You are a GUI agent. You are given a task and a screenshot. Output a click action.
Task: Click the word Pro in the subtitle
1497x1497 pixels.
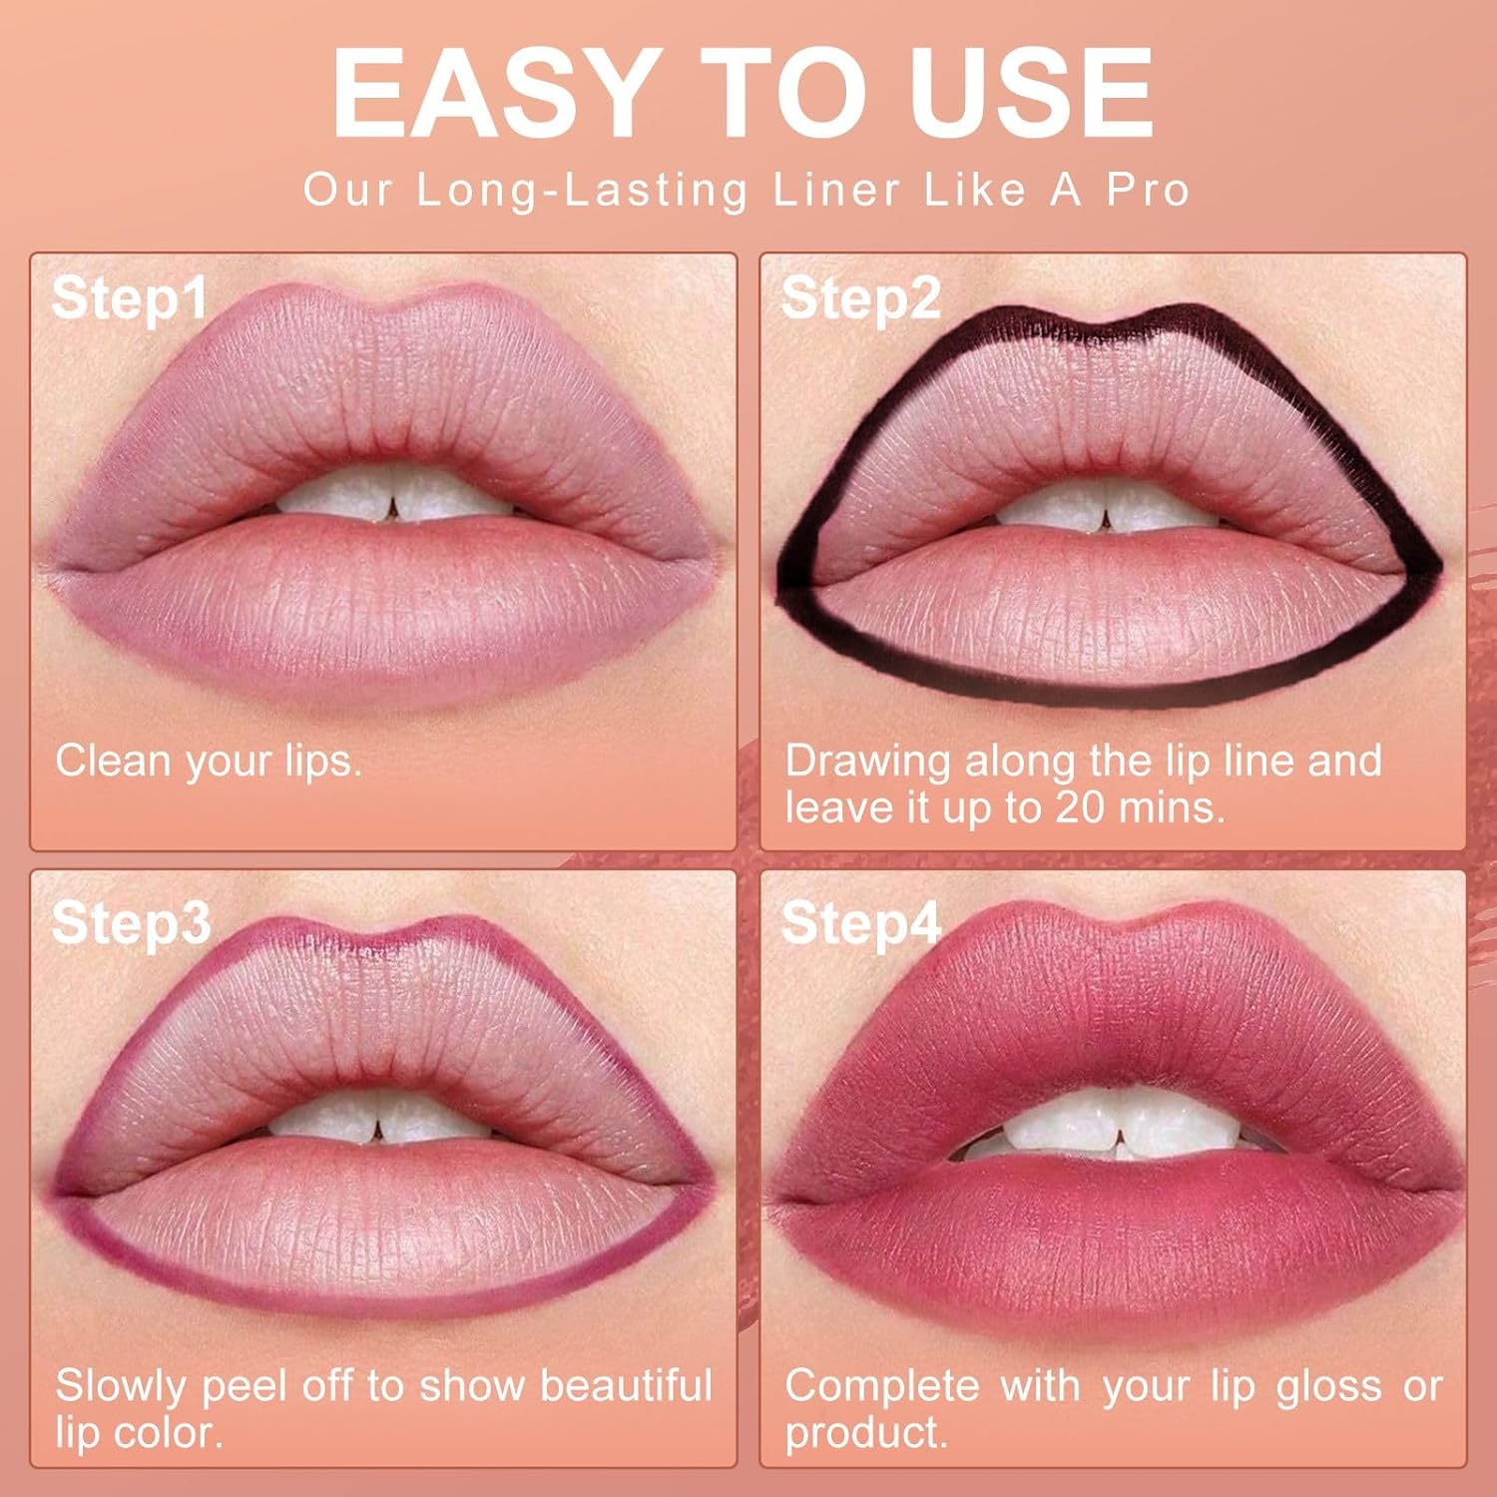pos(1148,190)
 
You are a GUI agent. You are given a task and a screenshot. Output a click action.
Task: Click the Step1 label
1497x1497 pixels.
pos(130,298)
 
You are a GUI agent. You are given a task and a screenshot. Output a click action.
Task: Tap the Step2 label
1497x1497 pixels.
pos(860,298)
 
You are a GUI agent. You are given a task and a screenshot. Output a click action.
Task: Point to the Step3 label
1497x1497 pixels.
pos(131,923)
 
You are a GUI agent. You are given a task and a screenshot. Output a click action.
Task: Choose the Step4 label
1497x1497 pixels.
pos(860,923)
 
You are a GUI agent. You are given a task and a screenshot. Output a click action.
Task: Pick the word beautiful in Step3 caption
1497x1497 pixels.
pos(626,1386)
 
